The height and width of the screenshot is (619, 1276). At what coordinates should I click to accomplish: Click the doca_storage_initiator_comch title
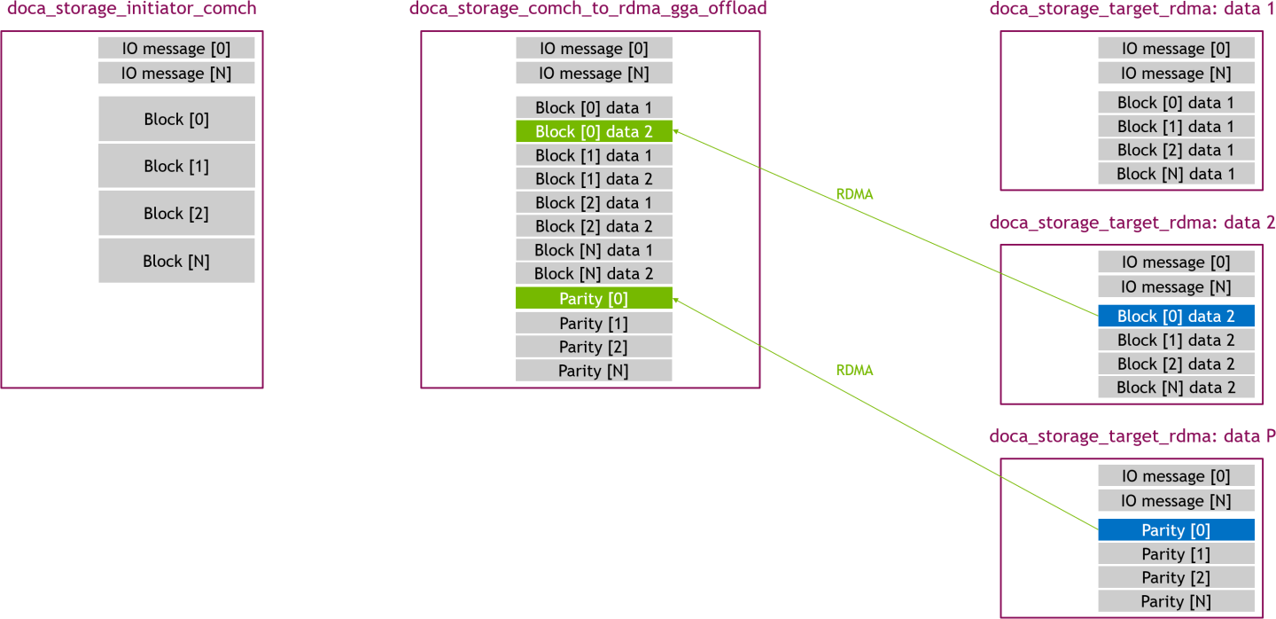132,10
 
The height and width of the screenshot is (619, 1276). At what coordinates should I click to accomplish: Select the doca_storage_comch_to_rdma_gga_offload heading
587,10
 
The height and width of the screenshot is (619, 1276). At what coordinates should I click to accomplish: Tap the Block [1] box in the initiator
176,166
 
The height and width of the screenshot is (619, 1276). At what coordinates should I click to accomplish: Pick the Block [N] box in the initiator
176,261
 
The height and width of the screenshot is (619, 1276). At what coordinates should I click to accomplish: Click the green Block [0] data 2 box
594,131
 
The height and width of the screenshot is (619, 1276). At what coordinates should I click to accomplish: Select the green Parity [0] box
594,299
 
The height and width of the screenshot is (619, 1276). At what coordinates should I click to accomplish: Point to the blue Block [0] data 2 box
1176,316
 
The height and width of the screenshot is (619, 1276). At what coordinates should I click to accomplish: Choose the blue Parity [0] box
1176,530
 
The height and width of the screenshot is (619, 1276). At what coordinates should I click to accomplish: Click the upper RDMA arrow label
854,194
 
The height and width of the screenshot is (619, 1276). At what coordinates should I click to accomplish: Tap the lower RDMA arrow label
854,371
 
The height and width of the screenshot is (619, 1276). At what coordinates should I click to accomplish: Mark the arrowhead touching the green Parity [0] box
677,302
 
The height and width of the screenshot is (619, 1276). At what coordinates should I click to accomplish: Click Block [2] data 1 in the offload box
594,202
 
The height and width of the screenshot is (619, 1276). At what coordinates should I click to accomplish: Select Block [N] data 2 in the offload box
594,273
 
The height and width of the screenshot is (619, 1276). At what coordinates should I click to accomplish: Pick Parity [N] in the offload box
594,371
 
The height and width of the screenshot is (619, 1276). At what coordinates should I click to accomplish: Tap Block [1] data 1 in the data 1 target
1176,126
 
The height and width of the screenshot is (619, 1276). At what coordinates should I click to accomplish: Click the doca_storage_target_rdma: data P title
1132,436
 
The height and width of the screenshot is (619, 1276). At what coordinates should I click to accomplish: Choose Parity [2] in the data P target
1176,577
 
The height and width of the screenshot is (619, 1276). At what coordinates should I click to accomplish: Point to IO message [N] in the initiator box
176,73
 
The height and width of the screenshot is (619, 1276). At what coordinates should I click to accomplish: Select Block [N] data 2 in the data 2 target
1176,388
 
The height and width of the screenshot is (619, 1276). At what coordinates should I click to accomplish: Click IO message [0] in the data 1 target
1176,49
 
